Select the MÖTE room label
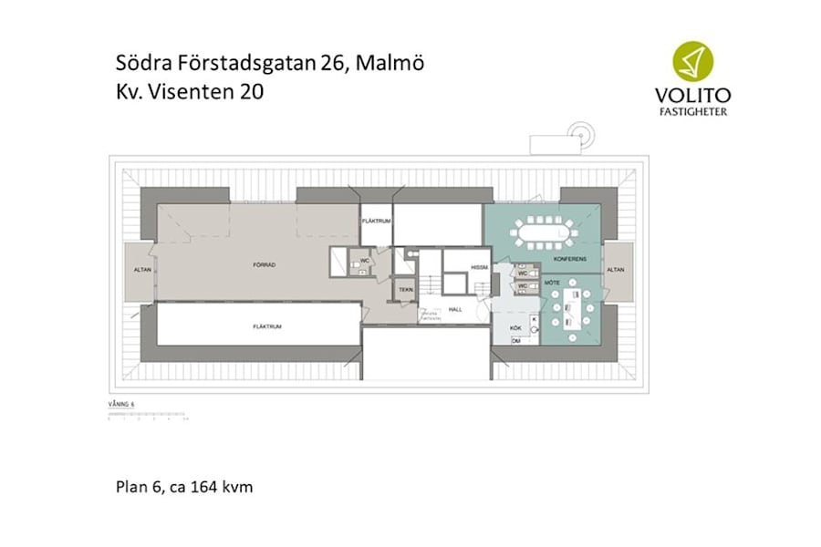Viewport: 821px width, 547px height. (x=553, y=284)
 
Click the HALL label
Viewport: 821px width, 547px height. (x=454, y=310)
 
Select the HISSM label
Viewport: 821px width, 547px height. (x=480, y=267)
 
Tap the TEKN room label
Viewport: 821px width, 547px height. (x=405, y=291)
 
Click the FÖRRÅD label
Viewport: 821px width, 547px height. (x=265, y=265)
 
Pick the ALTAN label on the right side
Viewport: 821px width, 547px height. (x=617, y=270)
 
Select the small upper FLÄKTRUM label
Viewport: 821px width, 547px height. (x=376, y=222)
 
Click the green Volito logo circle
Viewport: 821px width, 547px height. (x=692, y=61)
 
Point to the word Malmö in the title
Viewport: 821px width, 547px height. (x=390, y=63)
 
